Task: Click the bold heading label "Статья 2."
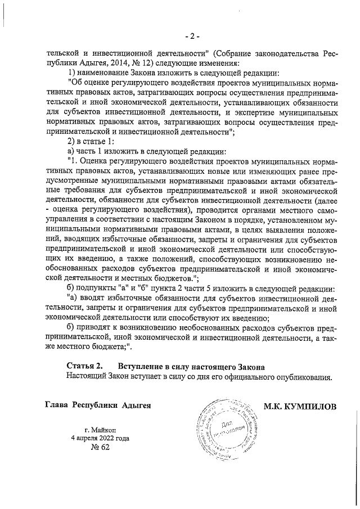[84, 367]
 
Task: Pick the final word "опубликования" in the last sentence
[304, 377]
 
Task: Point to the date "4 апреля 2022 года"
[99, 438]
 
